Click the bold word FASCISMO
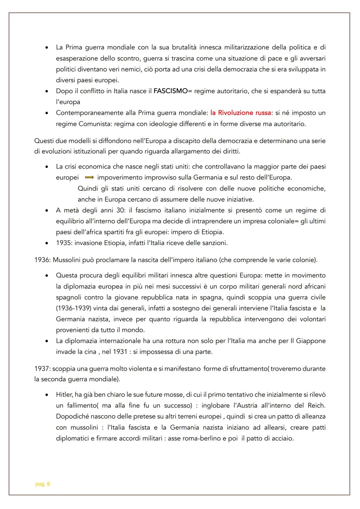[x=170, y=91]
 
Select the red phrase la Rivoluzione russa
[x=241, y=113]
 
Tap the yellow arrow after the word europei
[x=89, y=178]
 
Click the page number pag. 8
[x=43, y=484]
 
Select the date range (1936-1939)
[x=73, y=308]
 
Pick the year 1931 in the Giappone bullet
[x=120, y=352]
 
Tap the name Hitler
[x=64, y=395]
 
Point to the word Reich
[x=317, y=406]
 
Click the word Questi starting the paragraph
[x=44, y=141]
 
